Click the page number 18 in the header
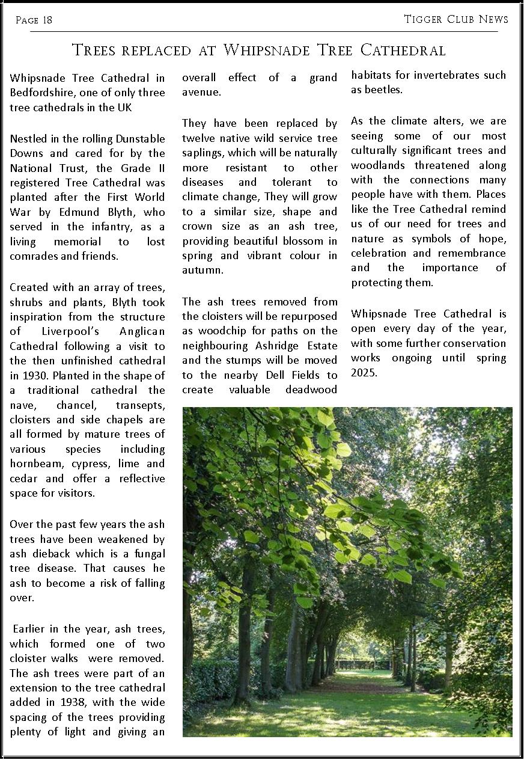click(47, 20)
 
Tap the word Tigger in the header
click(423, 19)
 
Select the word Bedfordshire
click(40, 93)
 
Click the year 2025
click(364, 372)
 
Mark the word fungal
click(149, 553)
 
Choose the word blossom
click(299, 241)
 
